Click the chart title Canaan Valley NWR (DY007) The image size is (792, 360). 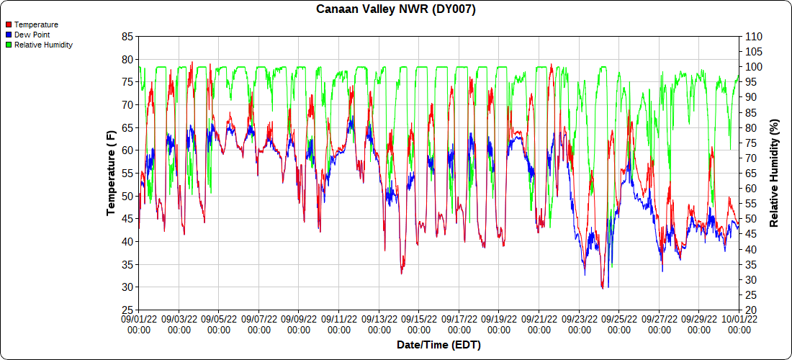396,9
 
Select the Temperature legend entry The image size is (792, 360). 36,24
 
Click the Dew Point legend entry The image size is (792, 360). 32,35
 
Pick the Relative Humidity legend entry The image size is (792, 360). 43,45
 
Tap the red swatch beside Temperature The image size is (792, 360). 9,24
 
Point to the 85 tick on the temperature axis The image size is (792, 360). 127,36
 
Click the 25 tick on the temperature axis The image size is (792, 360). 127,310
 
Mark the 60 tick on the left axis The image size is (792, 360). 127,150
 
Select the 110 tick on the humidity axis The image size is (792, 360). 753,36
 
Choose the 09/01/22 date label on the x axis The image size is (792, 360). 139,324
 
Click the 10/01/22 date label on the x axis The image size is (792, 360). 739,324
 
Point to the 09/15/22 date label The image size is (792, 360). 419,324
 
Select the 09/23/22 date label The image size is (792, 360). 579,324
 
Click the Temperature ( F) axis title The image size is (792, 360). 111,173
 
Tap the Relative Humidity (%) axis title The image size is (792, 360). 775,173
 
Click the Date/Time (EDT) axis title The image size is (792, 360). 438,345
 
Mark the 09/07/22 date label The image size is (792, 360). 259,324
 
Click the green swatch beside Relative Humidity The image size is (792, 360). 9,45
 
